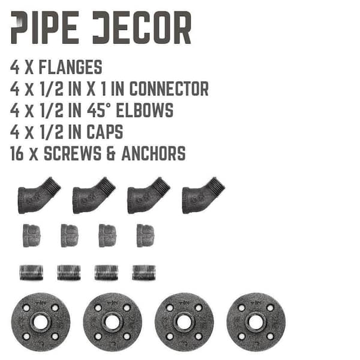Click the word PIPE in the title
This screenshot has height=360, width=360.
45,28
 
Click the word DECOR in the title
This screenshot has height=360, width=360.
142,28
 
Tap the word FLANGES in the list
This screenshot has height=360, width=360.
70,67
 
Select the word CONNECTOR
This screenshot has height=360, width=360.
169,89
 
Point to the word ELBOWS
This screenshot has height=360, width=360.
145,110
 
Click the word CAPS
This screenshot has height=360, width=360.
104,132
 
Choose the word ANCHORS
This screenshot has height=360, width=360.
154,154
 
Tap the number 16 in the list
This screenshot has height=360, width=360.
17,154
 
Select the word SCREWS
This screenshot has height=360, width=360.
73,154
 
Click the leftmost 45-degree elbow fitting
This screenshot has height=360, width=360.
39,196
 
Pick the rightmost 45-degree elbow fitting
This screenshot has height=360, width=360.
203,196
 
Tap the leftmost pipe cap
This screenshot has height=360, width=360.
32,236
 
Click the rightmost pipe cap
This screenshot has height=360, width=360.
145,236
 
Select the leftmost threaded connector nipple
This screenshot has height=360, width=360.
31,272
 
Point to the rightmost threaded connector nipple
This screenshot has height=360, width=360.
144,272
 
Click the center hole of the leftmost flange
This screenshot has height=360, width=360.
41,322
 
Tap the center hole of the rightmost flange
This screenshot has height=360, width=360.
256,322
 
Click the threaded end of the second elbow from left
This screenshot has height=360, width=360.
107,185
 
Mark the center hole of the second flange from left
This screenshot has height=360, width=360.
112,322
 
